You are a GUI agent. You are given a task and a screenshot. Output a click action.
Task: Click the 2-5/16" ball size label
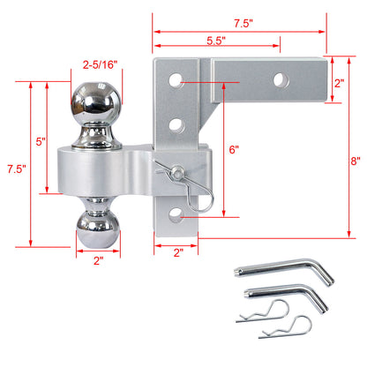pyautogui.click(x=99, y=64)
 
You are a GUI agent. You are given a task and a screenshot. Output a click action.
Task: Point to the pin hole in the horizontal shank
pyautogui.click(x=281, y=79)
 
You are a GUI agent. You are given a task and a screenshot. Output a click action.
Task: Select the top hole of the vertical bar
pyautogui.click(x=177, y=79)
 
